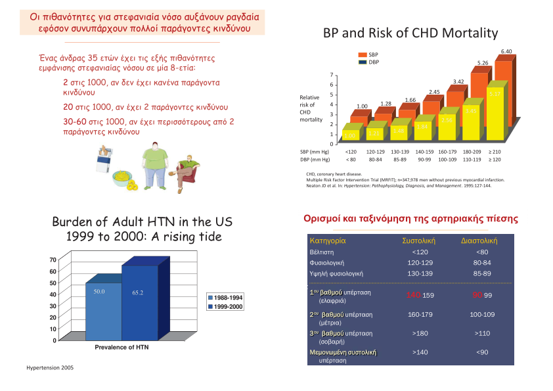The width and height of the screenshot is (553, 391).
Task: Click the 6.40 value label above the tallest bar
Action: coord(506,51)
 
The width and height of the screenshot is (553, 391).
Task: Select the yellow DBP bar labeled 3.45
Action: coord(471,121)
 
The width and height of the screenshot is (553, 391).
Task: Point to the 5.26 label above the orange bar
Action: coord(482,62)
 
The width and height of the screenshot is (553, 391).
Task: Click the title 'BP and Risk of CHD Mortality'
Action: coord(410,33)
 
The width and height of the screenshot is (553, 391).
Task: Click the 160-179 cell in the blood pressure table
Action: coord(420,315)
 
